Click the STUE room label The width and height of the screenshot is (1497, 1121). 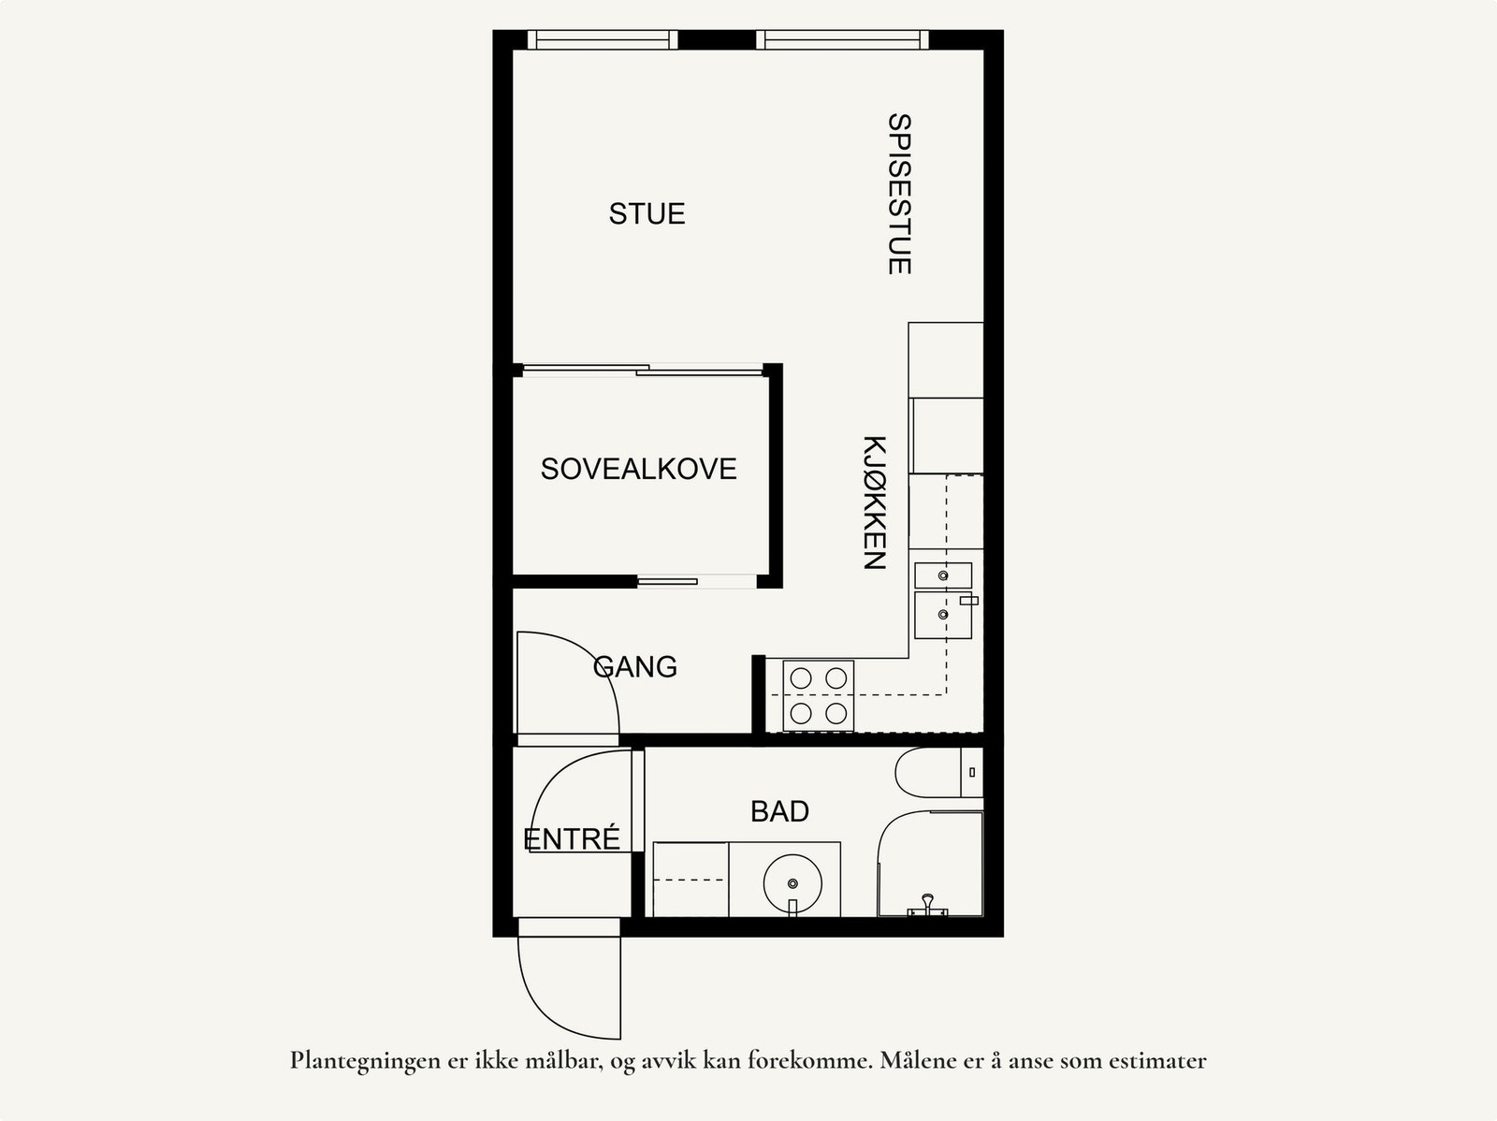(647, 214)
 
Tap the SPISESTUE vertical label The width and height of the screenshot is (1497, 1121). (898, 194)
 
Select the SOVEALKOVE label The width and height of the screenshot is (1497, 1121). (638, 469)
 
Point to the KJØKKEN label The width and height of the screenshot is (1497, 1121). (873, 502)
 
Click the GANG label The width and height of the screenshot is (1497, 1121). (635, 667)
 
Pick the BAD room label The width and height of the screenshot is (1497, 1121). (779, 811)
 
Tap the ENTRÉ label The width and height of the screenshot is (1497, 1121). (572, 839)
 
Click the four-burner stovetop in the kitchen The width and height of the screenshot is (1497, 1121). (820, 695)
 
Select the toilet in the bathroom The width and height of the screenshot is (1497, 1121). (936, 773)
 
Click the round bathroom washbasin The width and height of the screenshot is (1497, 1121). (792, 881)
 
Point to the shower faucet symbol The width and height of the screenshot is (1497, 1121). (927, 906)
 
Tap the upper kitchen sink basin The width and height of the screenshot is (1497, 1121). (942, 575)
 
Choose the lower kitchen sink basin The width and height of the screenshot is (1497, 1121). (942, 615)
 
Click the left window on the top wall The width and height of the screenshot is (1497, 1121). (601, 39)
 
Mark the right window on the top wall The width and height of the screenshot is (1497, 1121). (842, 39)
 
